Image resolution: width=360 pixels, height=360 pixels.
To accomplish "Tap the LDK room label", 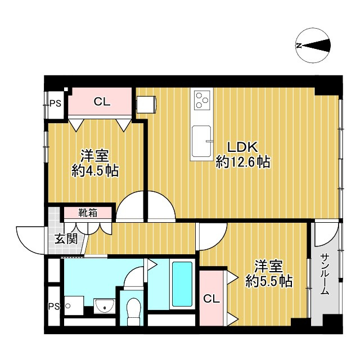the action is (x=242, y=147).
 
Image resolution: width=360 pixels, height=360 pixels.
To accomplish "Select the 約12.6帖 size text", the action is (x=242, y=162).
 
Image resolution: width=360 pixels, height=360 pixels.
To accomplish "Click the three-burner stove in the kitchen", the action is (x=202, y=100).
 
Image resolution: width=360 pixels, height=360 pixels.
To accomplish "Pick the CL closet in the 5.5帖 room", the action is (x=211, y=299).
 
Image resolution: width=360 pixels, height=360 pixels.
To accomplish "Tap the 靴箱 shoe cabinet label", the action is (x=88, y=213).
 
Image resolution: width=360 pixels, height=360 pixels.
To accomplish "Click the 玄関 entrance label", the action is (x=66, y=239).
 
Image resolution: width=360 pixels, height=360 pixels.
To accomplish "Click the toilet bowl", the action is (x=134, y=311).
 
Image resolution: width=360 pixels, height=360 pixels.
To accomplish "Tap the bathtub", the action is (x=182, y=284).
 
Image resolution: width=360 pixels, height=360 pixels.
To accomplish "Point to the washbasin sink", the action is (x=105, y=306).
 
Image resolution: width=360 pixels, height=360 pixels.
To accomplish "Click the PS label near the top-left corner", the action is (x=56, y=103).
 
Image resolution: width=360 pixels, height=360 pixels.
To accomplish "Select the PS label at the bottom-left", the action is (x=54, y=306).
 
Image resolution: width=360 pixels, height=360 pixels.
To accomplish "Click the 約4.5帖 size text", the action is (x=95, y=170).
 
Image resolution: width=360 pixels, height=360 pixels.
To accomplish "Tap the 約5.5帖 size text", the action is (x=269, y=281).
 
